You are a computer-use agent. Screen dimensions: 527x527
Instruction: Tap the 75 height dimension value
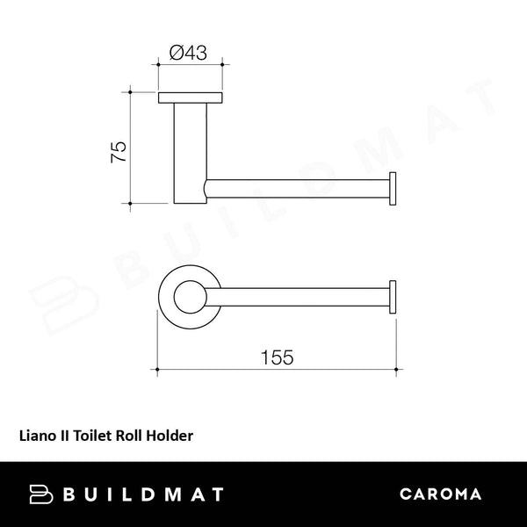[x=118, y=149]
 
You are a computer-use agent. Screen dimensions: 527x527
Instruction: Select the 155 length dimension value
[x=277, y=357]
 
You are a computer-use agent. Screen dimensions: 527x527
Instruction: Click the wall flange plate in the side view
[x=188, y=97]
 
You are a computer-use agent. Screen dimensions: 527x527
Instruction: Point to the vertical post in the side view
[x=187, y=149]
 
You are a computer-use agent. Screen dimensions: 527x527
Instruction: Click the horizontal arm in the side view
[x=299, y=190]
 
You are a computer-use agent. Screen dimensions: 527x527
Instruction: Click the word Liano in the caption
[x=37, y=434]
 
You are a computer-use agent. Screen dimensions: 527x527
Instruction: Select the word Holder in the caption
[x=171, y=434]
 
